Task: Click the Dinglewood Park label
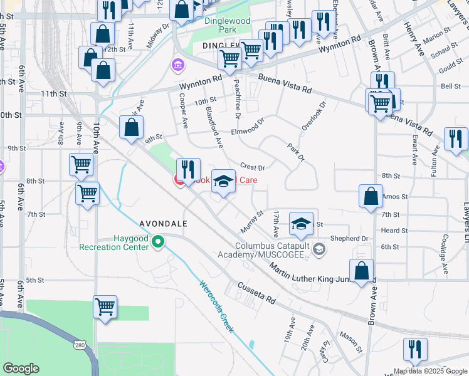point(227,25)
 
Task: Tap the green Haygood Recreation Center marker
point(159,241)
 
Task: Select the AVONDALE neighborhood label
point(164,222)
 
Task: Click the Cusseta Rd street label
point(256,293)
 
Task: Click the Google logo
point(21,368)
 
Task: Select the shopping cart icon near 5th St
point(105,308)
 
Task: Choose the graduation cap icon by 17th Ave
point(301,224)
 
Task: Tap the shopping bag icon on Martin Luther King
point(362,272)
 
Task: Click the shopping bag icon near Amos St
point(371,196)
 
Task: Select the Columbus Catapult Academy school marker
point(319,250)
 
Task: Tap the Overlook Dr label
point(314,117)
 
